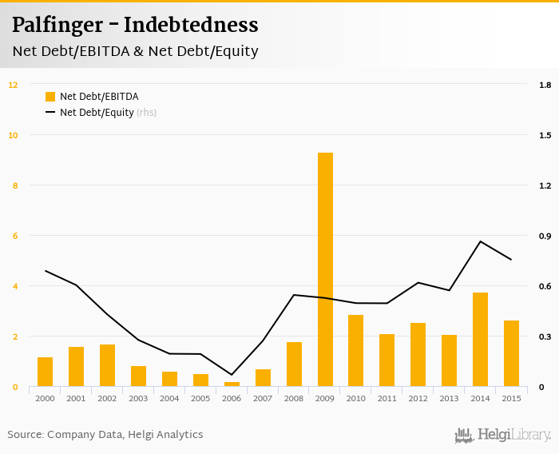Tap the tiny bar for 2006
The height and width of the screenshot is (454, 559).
click(232, 384)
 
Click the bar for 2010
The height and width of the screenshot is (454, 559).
click(356, 351)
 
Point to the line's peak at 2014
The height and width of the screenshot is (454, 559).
click(480, 241)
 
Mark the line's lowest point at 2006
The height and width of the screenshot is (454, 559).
click(232, 375)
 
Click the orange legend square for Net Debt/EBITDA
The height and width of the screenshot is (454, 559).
click(50, 97)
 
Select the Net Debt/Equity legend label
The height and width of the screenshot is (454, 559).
click(97, 113)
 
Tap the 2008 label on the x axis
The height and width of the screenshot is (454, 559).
click(294, 398)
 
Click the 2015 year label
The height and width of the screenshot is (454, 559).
click(511, 398)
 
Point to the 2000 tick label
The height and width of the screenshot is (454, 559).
click(45, 398)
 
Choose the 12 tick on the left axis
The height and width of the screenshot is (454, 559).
click(13, 85)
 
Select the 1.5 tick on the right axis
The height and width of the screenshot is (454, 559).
click(545, 135)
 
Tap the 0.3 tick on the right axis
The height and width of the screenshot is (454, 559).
click(545, 337)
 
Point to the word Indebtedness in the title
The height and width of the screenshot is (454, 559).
click(191, 26)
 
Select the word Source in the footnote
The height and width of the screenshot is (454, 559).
click(26, 435)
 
